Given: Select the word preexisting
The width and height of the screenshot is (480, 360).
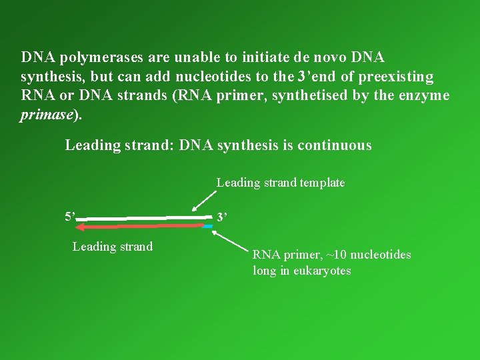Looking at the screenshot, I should click(396, 77).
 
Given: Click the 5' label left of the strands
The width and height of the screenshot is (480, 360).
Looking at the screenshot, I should click(70, 217).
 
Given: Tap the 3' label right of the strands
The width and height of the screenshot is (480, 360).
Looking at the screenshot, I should click(222, 217).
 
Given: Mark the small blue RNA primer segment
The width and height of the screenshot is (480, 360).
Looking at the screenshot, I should click(208, 227).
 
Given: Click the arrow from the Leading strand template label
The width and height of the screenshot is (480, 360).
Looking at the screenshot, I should click(204, 201).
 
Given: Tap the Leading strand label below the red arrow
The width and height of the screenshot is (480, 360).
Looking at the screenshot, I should click(112, 247).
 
